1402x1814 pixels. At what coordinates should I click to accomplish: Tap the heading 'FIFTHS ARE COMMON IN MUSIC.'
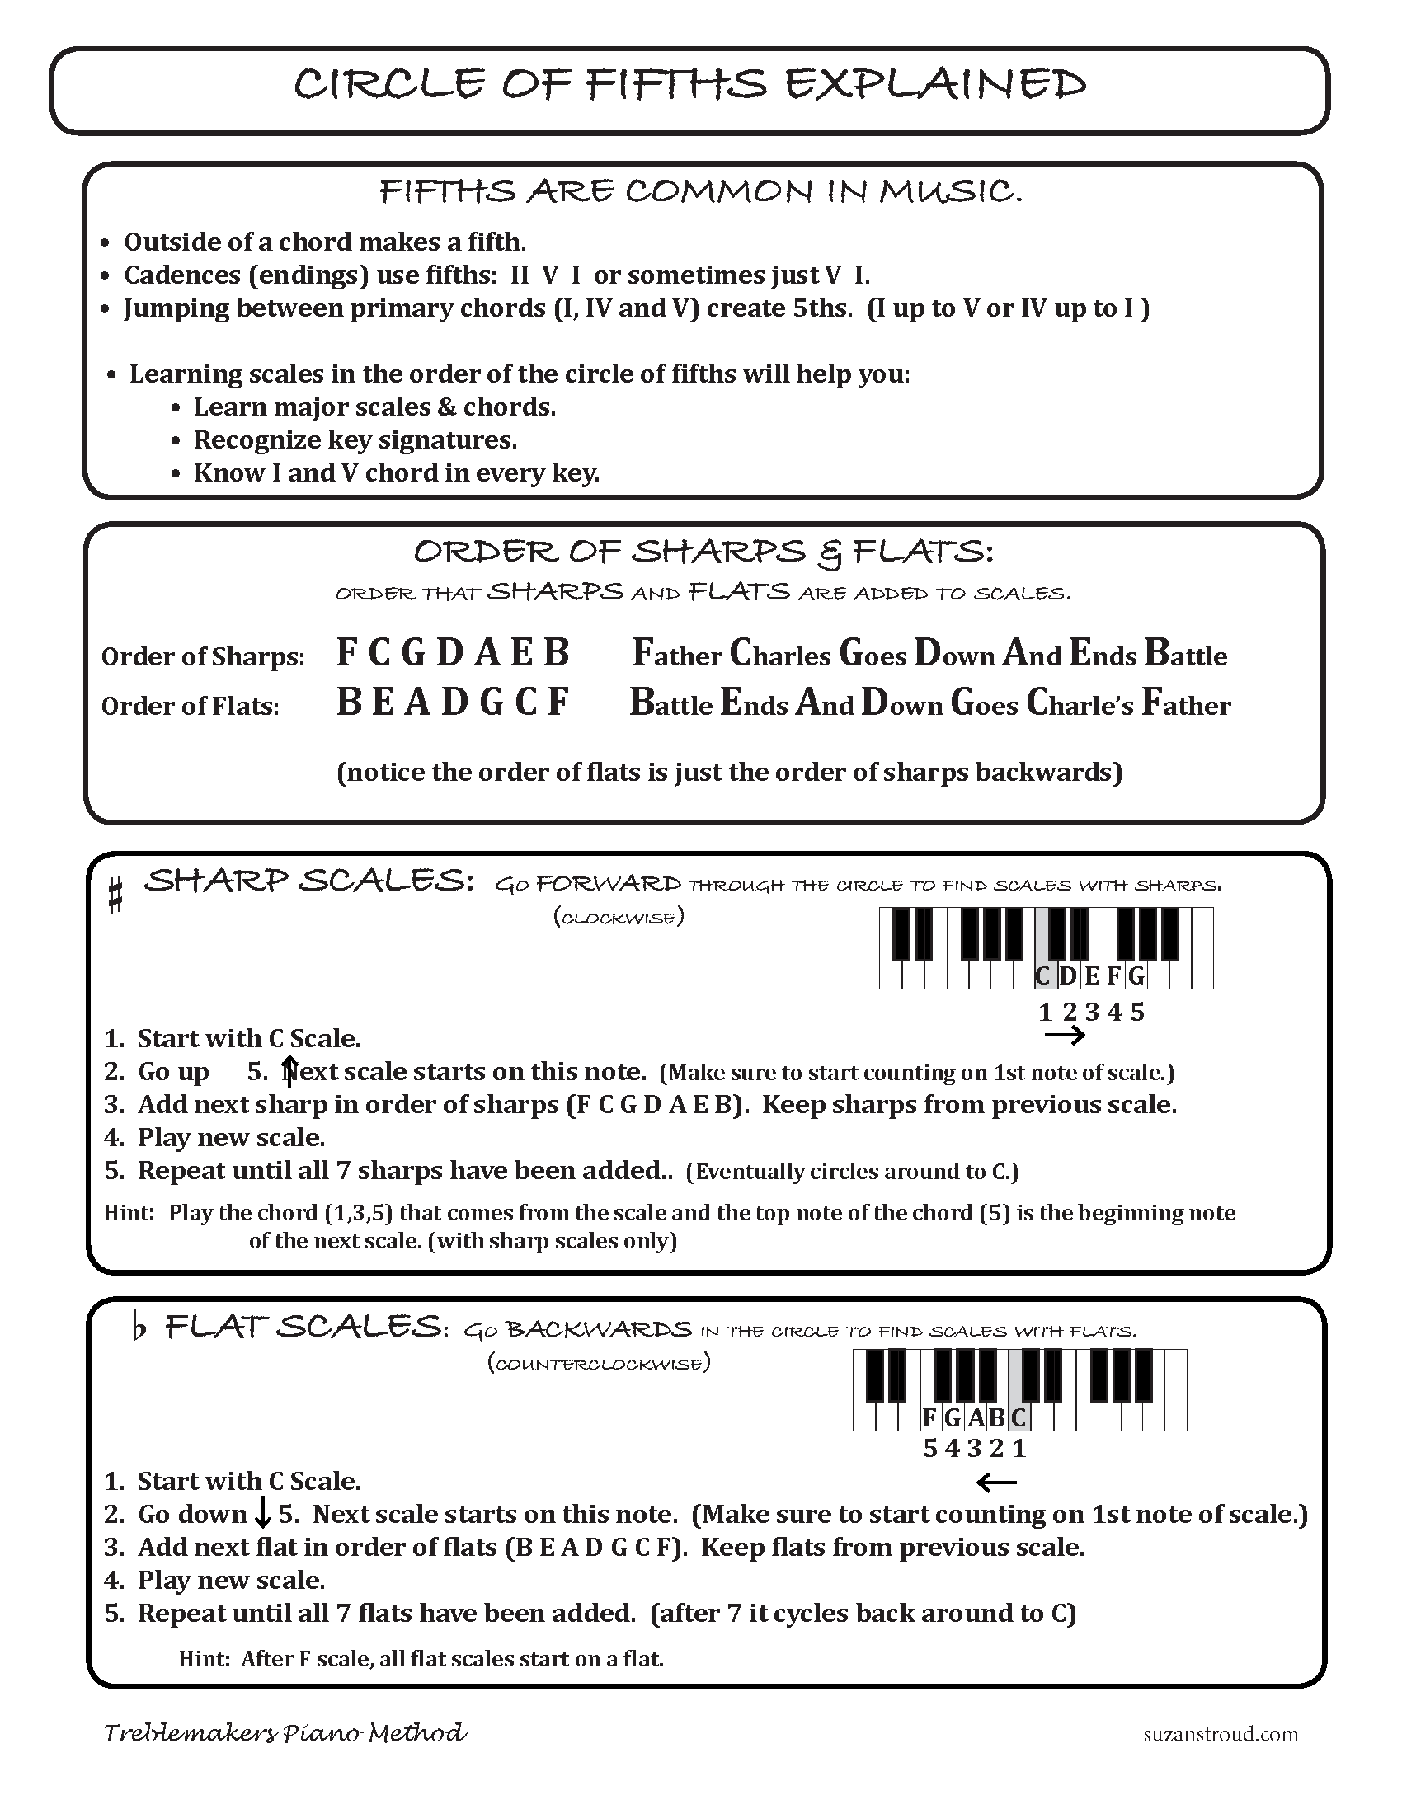click(x=700, y=192)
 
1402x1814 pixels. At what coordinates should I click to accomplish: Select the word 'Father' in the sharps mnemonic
click(x=677, y=655)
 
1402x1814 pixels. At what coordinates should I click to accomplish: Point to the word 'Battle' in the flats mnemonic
click(x=671, y=704)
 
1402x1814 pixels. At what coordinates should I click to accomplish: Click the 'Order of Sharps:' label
click(x=203, y=657)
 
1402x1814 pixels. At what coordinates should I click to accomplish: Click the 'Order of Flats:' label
click(x=191, y=706)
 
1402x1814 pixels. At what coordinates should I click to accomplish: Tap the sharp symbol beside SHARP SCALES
click(x=116, y=896)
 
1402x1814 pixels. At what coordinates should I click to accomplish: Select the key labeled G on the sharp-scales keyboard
click(x=1136, y=975)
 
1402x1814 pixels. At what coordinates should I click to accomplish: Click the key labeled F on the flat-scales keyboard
click(x=930, y=1417)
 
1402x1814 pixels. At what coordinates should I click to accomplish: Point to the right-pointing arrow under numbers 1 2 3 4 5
click(x=1065, y=1035)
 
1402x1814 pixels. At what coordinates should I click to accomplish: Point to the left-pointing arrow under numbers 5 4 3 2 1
click(x=996, y=1481)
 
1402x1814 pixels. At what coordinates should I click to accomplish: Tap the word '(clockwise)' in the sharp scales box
click(x=619, y=918)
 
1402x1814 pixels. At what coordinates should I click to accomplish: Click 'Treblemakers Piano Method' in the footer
click(x=285, y=1732)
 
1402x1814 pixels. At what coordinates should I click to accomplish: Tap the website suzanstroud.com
click(x=1220, y=1734)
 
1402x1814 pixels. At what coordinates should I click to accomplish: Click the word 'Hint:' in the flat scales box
click(x=205, y=1659)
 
